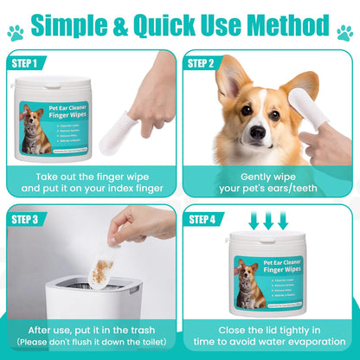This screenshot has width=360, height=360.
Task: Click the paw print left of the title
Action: coord(15,34)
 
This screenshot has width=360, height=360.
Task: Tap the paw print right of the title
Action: coord(345,34)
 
